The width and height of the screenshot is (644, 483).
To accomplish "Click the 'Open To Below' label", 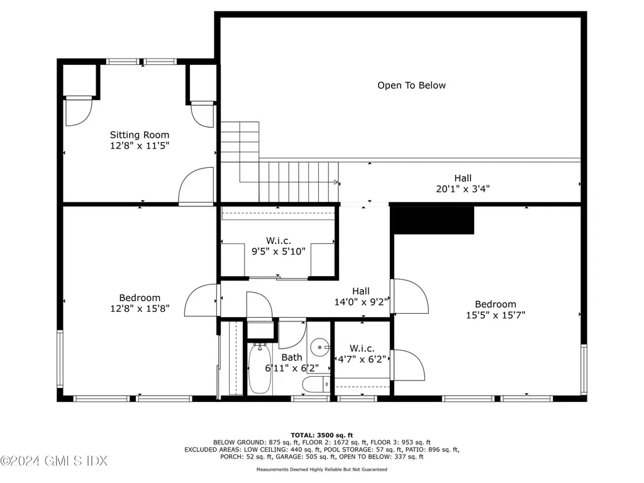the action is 411,86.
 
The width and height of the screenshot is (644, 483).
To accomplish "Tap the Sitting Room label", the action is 140,135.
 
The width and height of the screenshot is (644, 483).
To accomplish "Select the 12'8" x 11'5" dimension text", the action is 140,146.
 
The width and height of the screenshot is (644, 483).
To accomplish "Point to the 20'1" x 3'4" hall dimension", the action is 463,189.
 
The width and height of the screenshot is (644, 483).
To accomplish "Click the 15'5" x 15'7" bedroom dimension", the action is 496,315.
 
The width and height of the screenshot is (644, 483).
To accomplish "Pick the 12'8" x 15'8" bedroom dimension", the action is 140,308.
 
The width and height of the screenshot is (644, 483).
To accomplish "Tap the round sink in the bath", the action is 319,347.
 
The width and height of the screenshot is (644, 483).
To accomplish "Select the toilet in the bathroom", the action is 316,385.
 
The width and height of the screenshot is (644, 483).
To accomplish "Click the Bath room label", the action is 292,357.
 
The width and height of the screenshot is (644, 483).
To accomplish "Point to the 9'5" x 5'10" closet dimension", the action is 279,252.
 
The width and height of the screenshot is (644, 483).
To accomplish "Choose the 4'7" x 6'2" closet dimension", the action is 362,359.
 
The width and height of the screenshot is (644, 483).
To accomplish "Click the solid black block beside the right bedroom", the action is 432,220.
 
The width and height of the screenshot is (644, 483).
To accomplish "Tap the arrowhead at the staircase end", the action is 337,182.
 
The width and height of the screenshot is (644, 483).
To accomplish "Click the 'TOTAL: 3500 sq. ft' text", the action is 321,435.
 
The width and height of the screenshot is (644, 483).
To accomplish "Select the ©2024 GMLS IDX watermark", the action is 54,461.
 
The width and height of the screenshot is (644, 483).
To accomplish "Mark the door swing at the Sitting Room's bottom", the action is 196,186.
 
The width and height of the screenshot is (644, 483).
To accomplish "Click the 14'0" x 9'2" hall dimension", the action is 361,303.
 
